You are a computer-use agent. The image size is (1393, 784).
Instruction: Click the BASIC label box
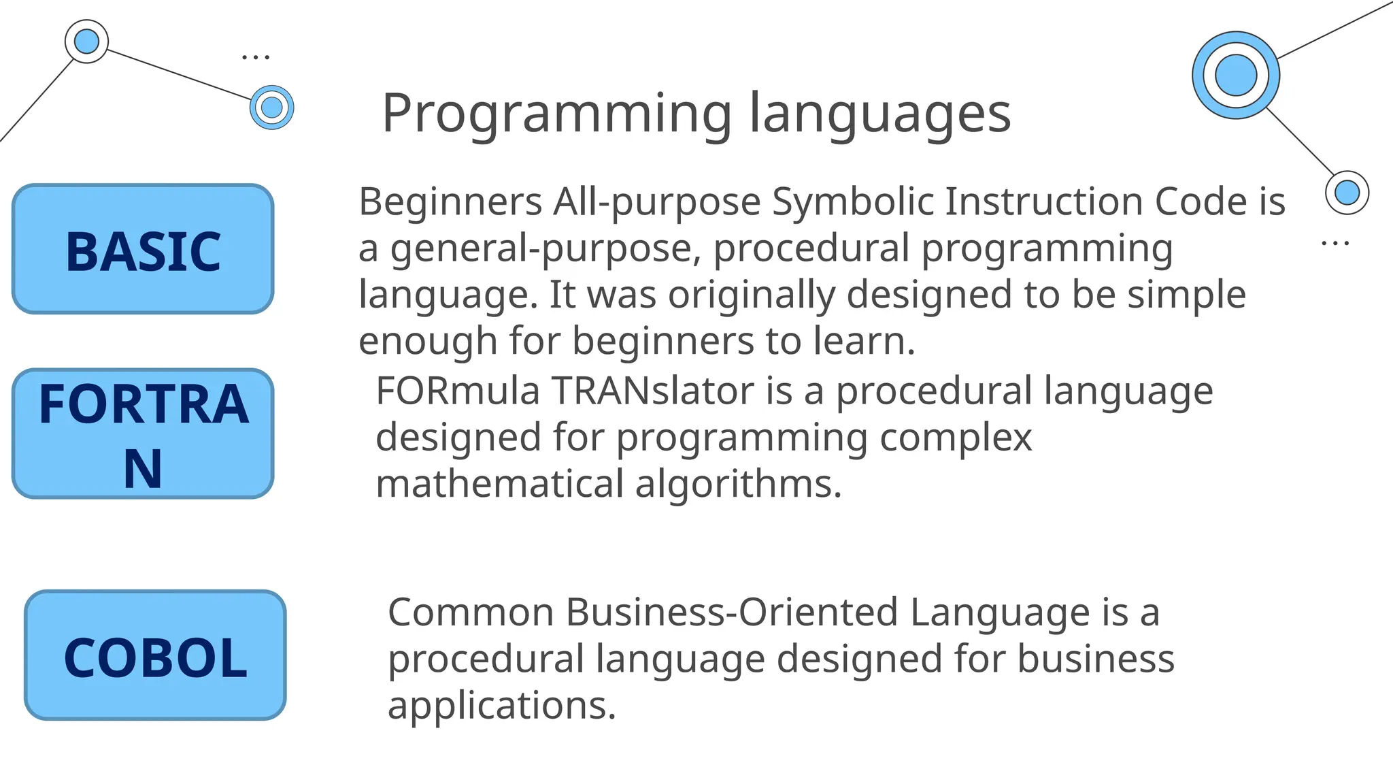[143, 249]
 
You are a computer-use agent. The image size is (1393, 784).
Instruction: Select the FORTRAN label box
[143, 434]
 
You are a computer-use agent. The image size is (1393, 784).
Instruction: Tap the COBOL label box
[155, 655]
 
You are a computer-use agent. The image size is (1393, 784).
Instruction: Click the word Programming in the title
[556, 114]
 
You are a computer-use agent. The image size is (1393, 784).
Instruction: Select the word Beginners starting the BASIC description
[450, 202]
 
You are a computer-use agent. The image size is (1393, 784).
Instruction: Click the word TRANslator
[652, 391]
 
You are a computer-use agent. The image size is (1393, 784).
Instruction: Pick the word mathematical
[499, 484]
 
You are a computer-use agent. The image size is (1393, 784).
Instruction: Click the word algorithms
[738, 484]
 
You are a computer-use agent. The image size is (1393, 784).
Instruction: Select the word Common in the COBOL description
[471, 612]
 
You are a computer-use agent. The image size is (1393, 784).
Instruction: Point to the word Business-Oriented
[732, 612]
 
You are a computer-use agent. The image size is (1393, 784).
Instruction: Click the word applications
[501, 706]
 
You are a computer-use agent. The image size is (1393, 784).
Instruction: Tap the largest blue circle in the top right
[1235, 75]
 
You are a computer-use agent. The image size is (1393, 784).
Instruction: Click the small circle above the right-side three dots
[1347, 193]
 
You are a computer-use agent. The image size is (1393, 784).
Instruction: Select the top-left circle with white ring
[86, 42]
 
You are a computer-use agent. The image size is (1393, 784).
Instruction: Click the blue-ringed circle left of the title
[271, 107]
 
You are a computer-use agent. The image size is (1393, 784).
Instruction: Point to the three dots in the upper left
[256, 57]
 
